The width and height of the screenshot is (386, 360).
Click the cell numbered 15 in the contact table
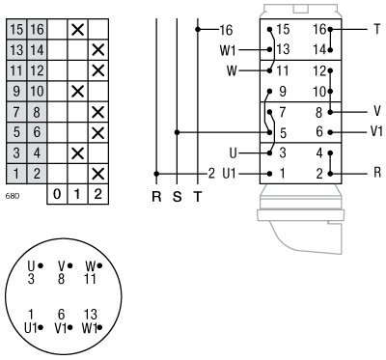click(16, 29)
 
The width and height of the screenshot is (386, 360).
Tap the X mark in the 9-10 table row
click(77, 91)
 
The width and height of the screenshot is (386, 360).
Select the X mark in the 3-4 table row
click(77, 152)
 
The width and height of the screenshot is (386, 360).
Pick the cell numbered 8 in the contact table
click(36, 111)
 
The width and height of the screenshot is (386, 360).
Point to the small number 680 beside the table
click(13, 196)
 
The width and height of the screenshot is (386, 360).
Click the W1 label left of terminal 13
click(228, 49)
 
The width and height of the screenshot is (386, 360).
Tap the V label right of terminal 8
click(377, 111)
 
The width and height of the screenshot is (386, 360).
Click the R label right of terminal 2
click(377, 174)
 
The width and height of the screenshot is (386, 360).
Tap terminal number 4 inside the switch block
click(319, 152)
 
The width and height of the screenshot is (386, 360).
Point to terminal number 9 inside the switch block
click(282, 91)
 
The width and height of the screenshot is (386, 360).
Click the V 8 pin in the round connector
click(63, 271)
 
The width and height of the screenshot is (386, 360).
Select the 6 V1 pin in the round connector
click(63, 320)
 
